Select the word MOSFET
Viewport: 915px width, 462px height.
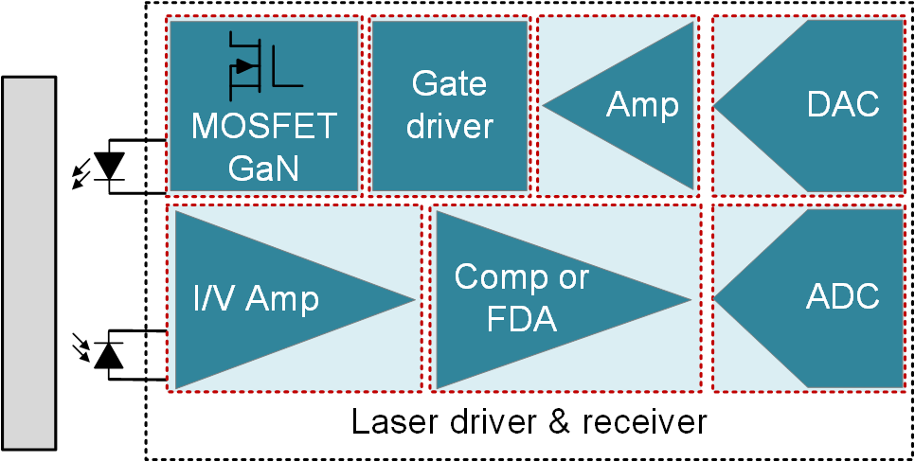[264, 126]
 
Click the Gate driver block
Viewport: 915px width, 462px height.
[449, 105]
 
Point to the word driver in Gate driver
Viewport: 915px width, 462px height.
[449, 126]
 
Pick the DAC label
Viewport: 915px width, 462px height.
[843, 104]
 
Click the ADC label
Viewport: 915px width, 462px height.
[843, 296]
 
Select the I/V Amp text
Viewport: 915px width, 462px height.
[256, 299]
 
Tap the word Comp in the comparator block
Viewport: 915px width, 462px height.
[493, 277]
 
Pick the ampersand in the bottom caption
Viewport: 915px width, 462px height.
[558, 421]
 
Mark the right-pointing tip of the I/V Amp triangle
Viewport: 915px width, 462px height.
[414, 300]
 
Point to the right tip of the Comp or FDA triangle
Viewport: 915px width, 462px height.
[690, 300]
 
